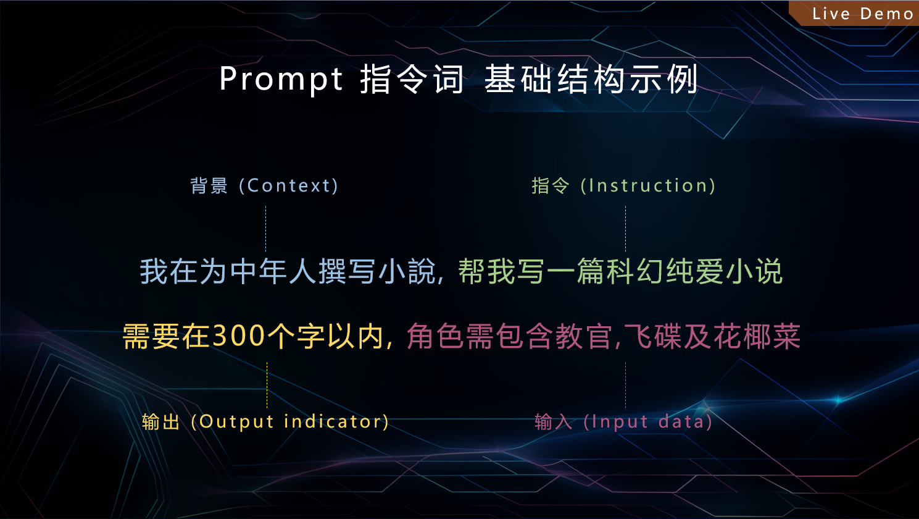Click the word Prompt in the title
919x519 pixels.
[x=281, y=79]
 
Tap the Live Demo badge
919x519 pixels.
[x=857, y=13]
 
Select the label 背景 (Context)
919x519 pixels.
[x=264, y=185]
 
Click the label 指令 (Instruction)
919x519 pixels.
[x=623, y=185]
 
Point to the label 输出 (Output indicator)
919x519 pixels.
[x=265, y=421]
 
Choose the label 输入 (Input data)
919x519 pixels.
[x=623, y=421]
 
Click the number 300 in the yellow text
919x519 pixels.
[x=239, y=336]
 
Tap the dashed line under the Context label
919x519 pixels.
[x=266, y=229]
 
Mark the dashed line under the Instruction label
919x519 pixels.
[x=625, y=229]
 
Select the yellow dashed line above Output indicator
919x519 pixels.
[x=267, y=385]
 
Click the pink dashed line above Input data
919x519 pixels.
[x=625, y=385]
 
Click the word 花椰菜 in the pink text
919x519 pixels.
[x=757, y=336]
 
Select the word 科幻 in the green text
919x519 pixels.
[x=635, y=271]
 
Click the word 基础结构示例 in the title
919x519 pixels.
[x=591, y=79]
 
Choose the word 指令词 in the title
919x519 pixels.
[x=412, y=79]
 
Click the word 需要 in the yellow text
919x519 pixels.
[x=151, y=336]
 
